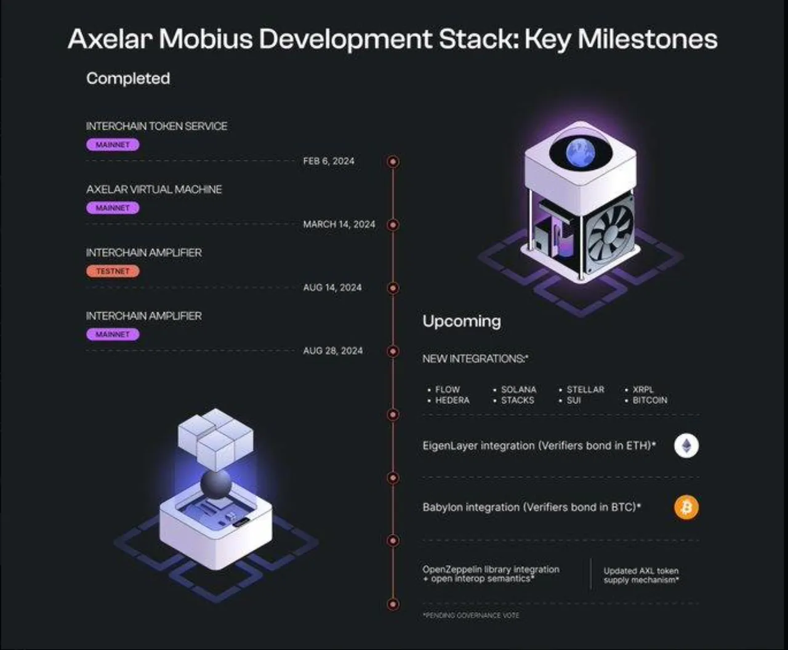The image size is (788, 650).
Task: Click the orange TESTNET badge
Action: (x=113, y=271)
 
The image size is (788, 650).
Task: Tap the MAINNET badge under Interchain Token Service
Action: (x=113, y=145)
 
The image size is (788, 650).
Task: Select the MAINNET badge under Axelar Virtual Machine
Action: (x=113, y=207)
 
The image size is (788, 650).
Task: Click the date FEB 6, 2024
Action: (x=329, y=161)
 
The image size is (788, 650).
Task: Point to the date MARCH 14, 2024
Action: (x=339, y=224)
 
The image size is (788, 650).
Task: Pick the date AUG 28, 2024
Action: (x=333, y=351)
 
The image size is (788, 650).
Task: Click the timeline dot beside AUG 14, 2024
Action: (x=393, y=288)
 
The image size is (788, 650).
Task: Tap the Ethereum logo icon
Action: (x=686, y=446)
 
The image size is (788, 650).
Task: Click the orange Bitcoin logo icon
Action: (x=686, y=507)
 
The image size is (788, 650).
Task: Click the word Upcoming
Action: (x=462, y=321)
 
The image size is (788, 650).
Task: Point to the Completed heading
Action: (x=128, y=79)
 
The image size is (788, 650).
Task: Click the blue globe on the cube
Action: (x=581, y=153)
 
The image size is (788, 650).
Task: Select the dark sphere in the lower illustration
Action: (x=216, y=484)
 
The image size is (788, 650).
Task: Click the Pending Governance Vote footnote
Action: (x=471, y=616)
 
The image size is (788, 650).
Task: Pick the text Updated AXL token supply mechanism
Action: (x=641, y=576)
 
